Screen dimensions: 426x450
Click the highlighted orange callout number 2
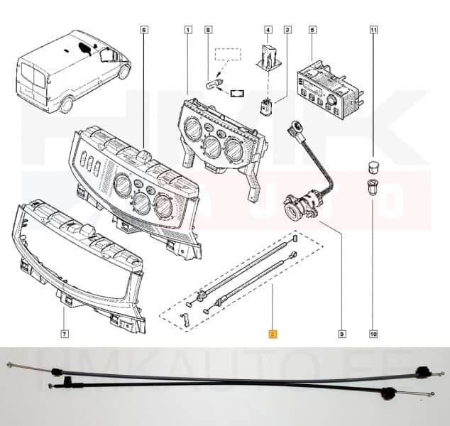pos(272,333)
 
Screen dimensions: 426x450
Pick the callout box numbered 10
pos(373,333)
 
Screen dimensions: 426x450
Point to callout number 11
pos(373,31)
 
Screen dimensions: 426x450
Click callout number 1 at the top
pos(188,30)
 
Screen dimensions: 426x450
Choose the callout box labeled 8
pos(208,30)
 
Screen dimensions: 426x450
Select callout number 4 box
pos(268,30)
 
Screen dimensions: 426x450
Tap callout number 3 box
pos(287,30)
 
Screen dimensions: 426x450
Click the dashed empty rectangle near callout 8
pos(229,55)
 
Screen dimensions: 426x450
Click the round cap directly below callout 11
pos(373,167)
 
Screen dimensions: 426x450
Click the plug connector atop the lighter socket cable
pos(293,132)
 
